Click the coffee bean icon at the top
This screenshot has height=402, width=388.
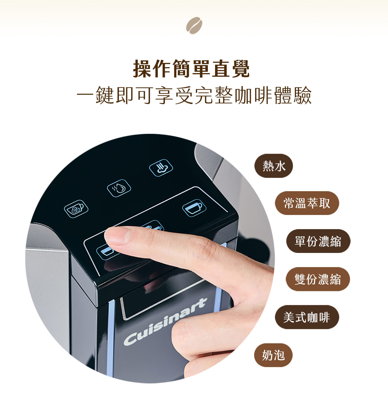point(194,25)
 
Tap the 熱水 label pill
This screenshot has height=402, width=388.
point(274,166)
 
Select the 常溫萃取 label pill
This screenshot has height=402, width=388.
point(307,203)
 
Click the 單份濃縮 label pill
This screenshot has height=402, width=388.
point(318,241)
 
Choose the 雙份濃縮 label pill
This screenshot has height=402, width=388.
point(318,279)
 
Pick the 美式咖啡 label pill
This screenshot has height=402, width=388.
point(307,317)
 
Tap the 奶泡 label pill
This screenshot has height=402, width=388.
point(273,355)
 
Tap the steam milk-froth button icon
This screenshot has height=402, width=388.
point(161,168)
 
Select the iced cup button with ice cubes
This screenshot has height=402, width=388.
point(76,209)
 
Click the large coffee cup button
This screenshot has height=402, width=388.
point(194,208)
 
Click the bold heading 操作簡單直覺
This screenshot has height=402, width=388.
point(191,69)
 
